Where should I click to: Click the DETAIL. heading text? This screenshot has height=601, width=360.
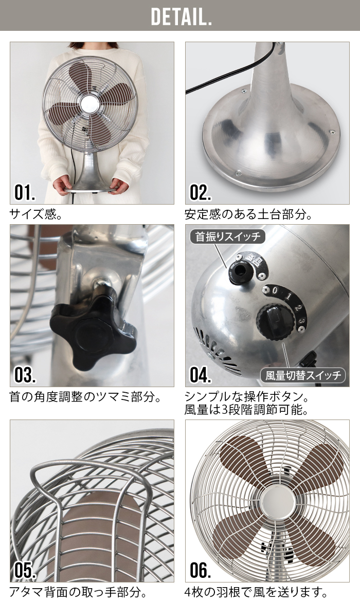click(x=181, y=16)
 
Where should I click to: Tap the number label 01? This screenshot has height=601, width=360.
click(x=25, y=192)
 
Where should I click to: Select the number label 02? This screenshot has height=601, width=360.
click(x=201, y=192)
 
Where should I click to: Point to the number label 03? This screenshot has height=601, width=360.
click(x=25, y=375)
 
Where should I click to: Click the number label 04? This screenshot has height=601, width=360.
click(x=201, y=375)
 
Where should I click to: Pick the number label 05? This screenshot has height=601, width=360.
click(x=25, y=570)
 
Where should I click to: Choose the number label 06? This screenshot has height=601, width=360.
click(x=201, y=570)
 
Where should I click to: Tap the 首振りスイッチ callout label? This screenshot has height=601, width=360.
click(x=228, y=237)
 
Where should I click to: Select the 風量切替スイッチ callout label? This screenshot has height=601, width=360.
click(x=303, y=375)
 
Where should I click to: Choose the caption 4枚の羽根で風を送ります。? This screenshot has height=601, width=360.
click(x=256, y=591)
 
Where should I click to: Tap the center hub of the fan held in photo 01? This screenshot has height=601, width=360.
click(x=88, y=103)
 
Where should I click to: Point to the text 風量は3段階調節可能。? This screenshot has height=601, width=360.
click(x=246, y=410)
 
